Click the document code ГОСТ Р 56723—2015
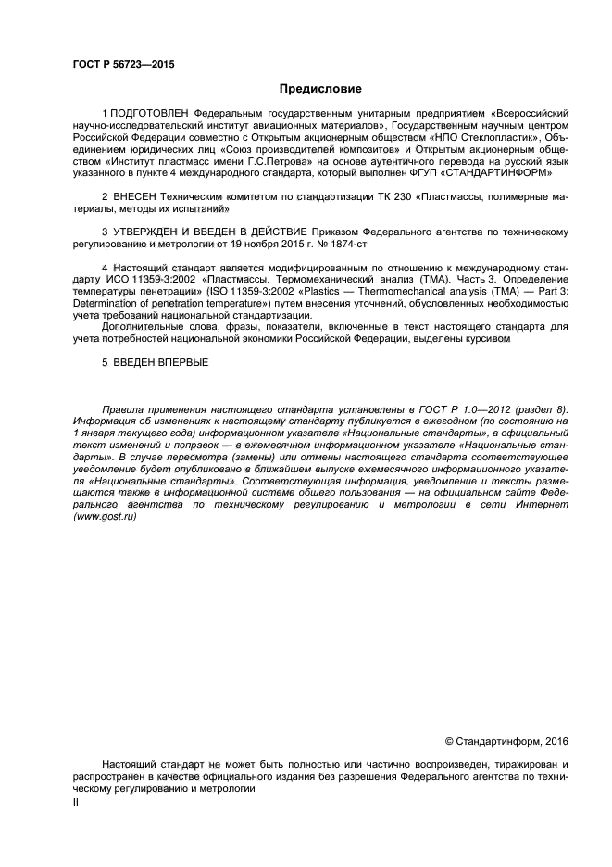tap(122, 64)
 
